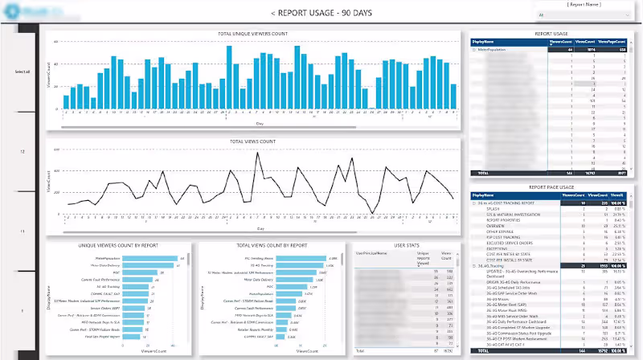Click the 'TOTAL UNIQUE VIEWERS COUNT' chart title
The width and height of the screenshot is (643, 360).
[x=252, y=34]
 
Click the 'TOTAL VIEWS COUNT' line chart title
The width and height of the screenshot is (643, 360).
[x=253, y=141]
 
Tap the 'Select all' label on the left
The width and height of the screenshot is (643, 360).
[x=23, y=72]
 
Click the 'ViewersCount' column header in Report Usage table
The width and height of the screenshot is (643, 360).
[x=560, y=40]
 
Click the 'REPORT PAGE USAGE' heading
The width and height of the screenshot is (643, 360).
[x=551, y=186]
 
